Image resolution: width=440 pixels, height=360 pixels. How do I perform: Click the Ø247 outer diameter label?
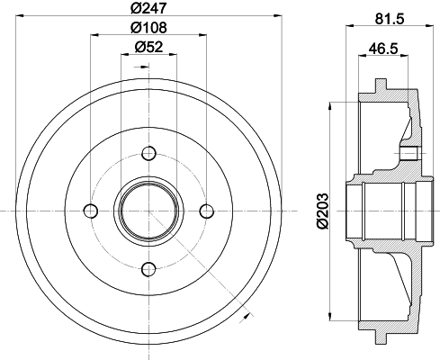[148, 9]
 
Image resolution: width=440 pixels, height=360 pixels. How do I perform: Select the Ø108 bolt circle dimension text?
[148, 28]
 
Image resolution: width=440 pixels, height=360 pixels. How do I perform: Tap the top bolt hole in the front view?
[149, 152]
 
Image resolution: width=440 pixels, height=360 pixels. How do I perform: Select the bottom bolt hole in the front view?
[149, 267]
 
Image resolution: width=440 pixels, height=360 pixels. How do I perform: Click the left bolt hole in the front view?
[90, 211]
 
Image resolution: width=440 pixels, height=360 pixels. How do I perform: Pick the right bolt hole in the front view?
[207, 211]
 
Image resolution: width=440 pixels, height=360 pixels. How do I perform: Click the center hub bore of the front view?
[149, 211]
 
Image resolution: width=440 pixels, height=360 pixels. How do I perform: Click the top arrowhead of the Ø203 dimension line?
[335, 106]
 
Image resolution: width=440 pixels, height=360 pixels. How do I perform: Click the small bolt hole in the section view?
[409, 151]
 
